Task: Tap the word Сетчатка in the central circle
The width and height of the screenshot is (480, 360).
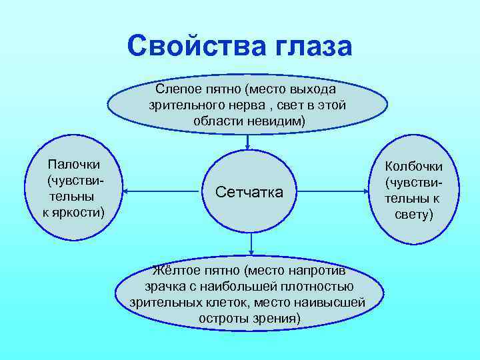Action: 249,192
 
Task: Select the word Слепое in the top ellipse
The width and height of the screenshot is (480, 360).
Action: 177,89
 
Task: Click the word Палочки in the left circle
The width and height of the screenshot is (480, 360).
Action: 73,164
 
